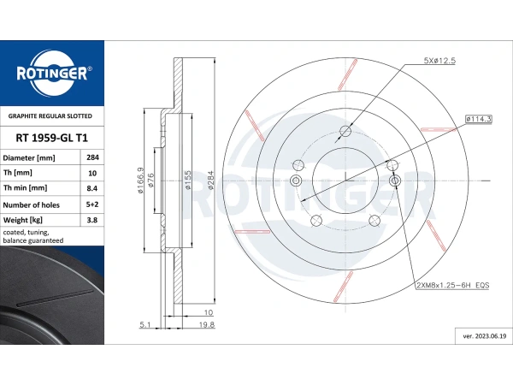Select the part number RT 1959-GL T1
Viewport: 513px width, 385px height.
click(52, 138)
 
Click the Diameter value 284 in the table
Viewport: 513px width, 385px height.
click(92, 157)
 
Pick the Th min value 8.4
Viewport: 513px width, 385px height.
click(92, 188)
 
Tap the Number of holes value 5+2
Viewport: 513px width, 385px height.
click(92, 204)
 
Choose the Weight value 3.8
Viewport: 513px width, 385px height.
click(92, 220)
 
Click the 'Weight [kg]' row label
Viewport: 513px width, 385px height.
click(22, 220)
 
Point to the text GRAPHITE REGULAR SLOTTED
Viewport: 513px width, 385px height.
click(50, 115)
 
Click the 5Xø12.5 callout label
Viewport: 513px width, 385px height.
click(439, 61)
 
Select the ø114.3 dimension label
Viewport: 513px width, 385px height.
click(479, 119)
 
